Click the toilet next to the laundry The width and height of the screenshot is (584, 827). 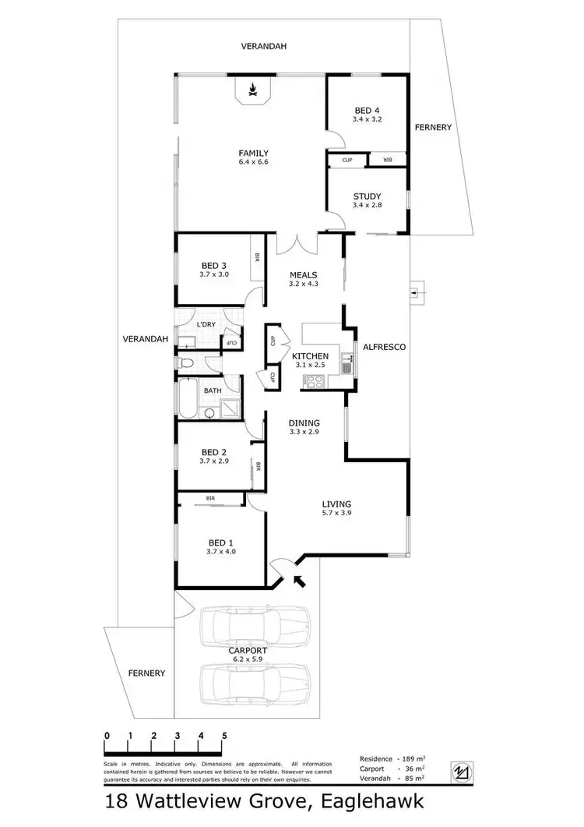[x=185, y=362]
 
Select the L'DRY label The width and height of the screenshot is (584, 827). [x=206, y=324]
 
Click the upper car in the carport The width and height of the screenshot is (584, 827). [x=255, y=627]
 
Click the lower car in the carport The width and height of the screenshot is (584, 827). [x=255, y=684]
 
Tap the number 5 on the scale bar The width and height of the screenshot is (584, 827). [x=224, y=735]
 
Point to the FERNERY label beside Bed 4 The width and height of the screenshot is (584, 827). [x=432, y=127]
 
